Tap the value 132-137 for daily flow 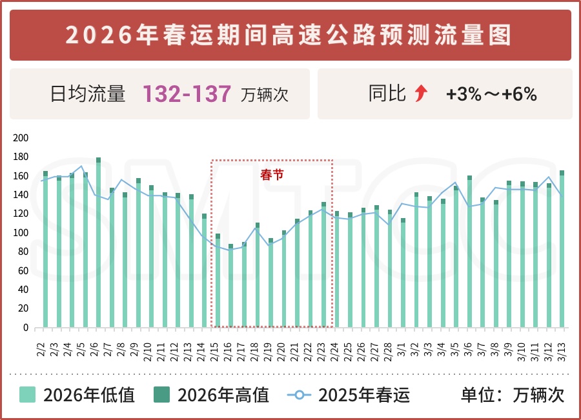tap(187, 94)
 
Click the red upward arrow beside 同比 tap(421, 94)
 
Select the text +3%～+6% tap(491, 94)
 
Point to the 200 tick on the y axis tap(21, 138)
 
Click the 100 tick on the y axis tap(21, 233)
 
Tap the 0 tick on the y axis tap(26, 328)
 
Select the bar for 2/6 tap(98, 245)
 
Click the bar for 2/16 tap(230, 287)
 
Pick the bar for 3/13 tap(562, 252)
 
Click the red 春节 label tap(272, 175)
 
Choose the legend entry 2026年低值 tap(77, 395)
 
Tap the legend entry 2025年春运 tap(349, 395)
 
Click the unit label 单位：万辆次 tap(513, 395)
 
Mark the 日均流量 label tap(88, 94)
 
